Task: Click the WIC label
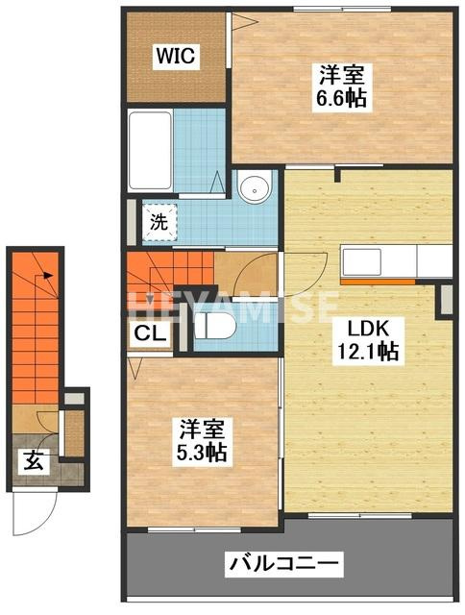click(176, 56)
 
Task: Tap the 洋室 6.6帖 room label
click(342, 86)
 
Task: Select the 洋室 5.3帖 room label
click(202, 440)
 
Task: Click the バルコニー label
click(283, 564)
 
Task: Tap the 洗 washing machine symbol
click(160, 222)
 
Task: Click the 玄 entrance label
click(34, 461)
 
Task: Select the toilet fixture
click(214, 326)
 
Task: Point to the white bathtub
click(151, 151)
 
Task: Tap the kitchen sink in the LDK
click(362, 262)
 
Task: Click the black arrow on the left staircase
click(48, 276)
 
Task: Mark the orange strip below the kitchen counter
click(378, 282)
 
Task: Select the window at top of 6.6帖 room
click(342, 10)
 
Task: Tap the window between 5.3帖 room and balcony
click(194, 530)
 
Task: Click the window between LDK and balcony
click(360, 516)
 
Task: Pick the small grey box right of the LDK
click(446, 301)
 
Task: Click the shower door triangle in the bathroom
click(218, 182)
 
